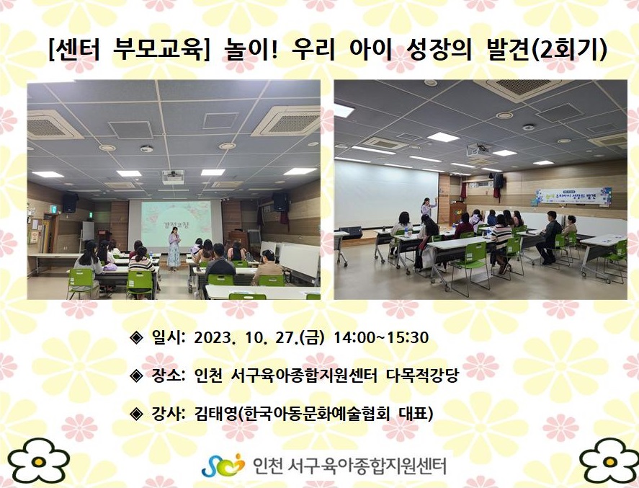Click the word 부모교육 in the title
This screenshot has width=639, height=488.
coord(157,50)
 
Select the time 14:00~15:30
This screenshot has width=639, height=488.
coord(381,337)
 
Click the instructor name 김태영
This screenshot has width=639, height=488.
coord(215,414)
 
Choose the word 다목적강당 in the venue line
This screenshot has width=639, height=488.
coord(422,375)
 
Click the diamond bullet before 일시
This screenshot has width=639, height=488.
coord(136,337)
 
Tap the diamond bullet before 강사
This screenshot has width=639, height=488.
coord(136,414)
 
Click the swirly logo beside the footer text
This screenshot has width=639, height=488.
coord(223,465)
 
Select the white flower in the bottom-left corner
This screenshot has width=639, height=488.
coord(39,461)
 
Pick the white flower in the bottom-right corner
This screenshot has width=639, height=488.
coord(609,461)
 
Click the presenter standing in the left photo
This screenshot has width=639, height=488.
coord(174,248)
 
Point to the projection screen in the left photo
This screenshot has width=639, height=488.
coord(176,224)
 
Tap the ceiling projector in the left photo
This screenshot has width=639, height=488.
coord(173,177)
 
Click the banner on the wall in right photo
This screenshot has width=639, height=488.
coord(574,196)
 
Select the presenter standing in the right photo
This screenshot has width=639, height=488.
coord(427,207)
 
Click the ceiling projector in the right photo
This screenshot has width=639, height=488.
coord(478,150)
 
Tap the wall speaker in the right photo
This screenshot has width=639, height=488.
coord(498,181)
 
